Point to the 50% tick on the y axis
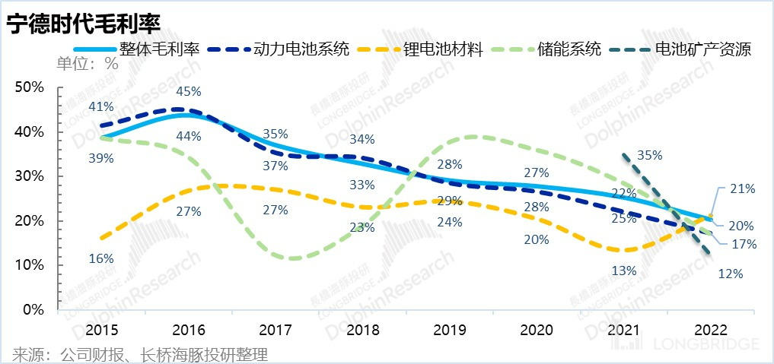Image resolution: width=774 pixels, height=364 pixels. click(x=30, y=87)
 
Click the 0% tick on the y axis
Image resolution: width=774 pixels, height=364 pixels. click(x=34, y=310)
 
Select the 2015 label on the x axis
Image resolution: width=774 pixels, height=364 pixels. click(x=101, y=331)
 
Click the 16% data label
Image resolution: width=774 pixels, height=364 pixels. click(x=100, y=258)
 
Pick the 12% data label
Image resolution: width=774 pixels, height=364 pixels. click(x=730, y=274)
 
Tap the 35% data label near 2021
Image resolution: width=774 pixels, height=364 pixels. click(x=649, y=155)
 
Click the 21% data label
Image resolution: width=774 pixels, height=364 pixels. click(x=741, y=188)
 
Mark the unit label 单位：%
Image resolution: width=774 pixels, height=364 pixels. click(x=88, y=64)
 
